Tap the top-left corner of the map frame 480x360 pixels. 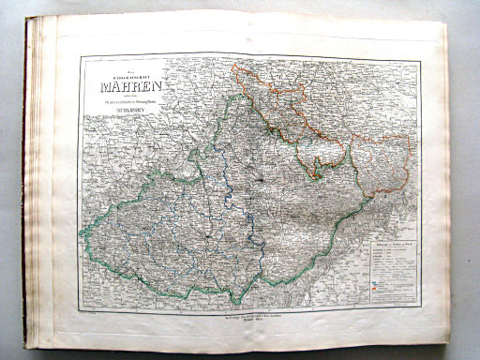click(82, 55)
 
